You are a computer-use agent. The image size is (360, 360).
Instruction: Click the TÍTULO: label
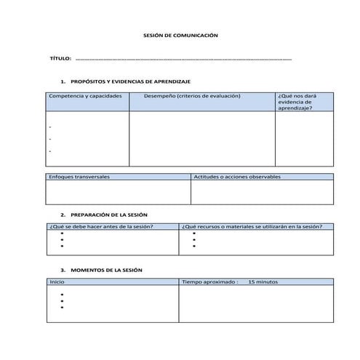tap(60, 58)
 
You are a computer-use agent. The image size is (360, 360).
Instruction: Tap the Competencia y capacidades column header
tap(85, 96)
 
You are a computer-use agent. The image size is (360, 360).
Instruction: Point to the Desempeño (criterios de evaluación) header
tap(192, 96)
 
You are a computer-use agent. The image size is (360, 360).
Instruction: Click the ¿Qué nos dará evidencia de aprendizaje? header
tap(295, 102)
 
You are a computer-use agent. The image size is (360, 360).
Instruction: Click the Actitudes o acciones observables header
tap(232, 177)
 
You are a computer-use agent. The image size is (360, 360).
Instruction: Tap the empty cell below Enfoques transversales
tap(118, 192)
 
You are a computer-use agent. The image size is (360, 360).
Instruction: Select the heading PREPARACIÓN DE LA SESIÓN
tap(108, 215)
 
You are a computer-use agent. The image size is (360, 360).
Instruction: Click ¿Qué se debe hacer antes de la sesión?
tap(100, 226)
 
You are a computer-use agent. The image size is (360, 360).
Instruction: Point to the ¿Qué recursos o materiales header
tap(252, 226)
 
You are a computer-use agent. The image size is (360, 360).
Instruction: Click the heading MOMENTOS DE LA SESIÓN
tap(105, 269)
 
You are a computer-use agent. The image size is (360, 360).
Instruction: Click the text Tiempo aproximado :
tap(209, 281)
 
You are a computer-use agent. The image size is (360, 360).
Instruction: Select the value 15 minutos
tap(263, 281)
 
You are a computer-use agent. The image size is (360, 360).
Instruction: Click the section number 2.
tap(63, 215)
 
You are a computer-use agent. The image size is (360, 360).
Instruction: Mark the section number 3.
tap(63, 269)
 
